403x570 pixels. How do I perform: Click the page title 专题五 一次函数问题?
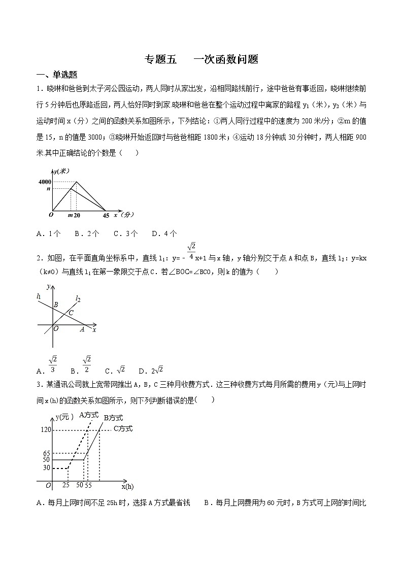[x=201, y=59]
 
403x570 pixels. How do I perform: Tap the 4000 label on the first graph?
[x=44, y=182]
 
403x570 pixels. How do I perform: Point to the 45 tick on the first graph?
[x=106, y=216]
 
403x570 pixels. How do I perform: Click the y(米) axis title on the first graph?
[x=62, y=171]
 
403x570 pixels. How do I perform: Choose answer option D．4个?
[x=164, y=233]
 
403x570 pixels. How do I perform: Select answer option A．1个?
[x=49, y=233]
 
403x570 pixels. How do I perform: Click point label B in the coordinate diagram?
[x=56, y=305]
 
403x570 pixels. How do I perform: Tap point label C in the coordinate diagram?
[x=71, y=313]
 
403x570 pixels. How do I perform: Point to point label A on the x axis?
[x=82, y=329]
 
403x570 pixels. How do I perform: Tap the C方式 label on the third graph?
[x=122, y=429]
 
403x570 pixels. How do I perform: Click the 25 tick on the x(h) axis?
[x=66, y=485]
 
